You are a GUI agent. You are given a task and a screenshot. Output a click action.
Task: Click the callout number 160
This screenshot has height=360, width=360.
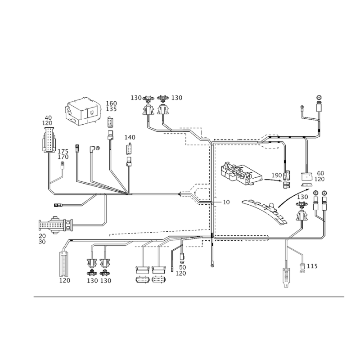pos(112,103)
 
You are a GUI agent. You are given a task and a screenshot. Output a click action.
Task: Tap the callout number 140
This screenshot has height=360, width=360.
pos(130,137)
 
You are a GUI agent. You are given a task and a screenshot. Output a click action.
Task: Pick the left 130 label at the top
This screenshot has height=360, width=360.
pos(136,97)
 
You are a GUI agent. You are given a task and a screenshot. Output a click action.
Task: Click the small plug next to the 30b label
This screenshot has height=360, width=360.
pos(302,267)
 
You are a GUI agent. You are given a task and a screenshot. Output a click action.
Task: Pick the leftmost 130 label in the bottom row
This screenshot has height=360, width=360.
pos(93,280)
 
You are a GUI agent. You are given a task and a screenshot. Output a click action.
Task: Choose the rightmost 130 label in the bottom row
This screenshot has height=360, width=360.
pos(106,280)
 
